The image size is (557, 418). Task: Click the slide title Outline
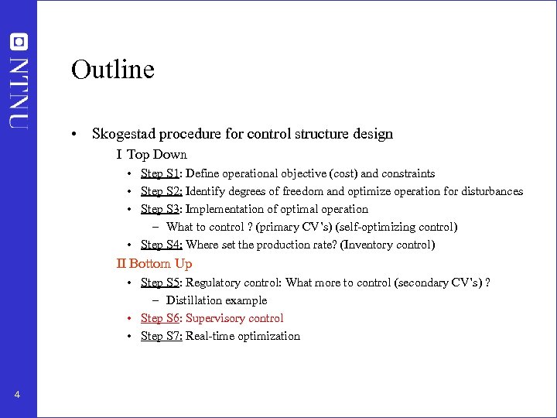113,70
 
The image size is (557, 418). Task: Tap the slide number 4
17,396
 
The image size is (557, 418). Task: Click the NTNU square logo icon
19,42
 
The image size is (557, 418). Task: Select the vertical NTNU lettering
19,91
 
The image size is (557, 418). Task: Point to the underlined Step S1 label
160,173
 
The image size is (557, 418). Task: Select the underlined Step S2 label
161,191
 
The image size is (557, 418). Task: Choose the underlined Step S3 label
160,209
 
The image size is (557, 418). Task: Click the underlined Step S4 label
161,245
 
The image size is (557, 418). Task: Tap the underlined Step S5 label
160,283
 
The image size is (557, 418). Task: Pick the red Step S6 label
160,318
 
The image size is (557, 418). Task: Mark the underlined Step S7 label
161,336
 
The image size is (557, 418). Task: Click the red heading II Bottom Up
154,264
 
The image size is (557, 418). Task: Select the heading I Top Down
152,155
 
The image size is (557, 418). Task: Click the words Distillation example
217,300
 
